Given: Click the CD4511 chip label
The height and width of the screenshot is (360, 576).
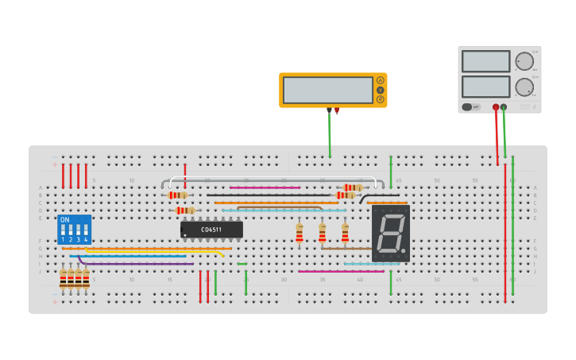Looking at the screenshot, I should pyautogui.click(x=211, y=230).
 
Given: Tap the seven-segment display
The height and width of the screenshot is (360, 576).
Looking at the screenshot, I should pyautogui.click(x=390, y=234).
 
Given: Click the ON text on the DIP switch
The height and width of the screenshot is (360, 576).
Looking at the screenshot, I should pyautogui.click(x=65, y=219).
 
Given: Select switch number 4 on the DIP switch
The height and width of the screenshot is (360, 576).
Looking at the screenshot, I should pyautogui.click(x=86, y=231).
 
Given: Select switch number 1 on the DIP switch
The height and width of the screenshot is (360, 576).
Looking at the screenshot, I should pyautogui.click(x=63, y=231).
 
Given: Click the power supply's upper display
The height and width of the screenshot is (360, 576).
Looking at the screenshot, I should pyautogui.click(x=485, y=61).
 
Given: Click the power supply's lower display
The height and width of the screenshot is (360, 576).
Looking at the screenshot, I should pyautogui.click(x=485, y=86).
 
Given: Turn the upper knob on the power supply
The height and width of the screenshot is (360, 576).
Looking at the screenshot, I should pyautogui.click(x=524, y=62).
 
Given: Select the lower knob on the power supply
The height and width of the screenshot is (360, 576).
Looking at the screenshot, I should pyautogui.click(x=524, y=87).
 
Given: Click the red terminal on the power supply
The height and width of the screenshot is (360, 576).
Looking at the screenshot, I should pyautogui.click(x=496, y=106).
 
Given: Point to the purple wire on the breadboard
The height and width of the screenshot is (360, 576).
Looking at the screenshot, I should pyautogui.click(x=135, y=263).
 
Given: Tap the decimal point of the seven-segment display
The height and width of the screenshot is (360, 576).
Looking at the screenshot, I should pyautogui.click(x=406, y=254).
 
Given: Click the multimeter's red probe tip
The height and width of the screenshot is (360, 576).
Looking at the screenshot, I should pyautogui.click(x=337, y=111).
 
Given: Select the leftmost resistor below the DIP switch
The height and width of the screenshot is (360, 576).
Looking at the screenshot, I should pyautogui.click(x=63, y=278).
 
